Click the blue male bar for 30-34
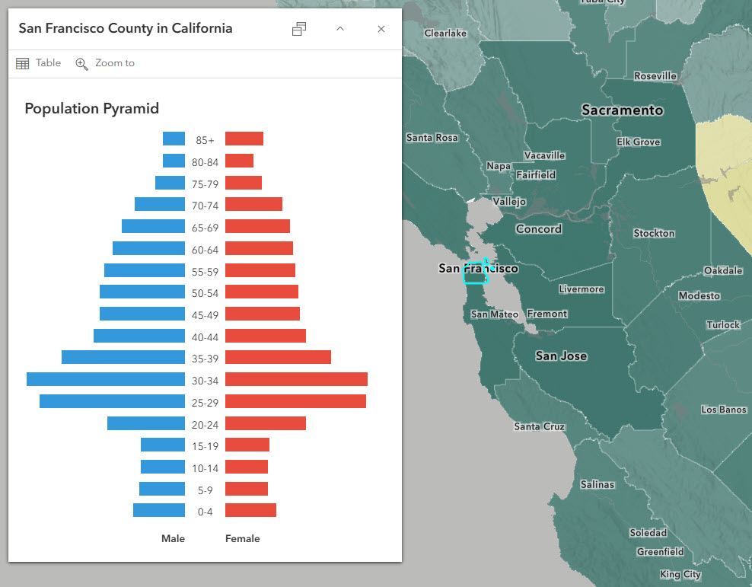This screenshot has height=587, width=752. [105, 379]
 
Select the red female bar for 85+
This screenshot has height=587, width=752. [244, 139]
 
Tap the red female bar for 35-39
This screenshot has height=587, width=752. [278, 357]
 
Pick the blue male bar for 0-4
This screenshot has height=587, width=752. [158, 510]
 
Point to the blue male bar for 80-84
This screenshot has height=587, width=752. [174, 161]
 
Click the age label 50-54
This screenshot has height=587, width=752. [205, 293]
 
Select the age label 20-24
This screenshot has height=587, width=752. [205, 425]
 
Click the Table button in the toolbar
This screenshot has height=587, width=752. [39, 63]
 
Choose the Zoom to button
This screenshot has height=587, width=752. [105, 63]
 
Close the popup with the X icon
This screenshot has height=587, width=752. [381, 29]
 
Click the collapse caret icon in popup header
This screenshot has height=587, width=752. [340, 29]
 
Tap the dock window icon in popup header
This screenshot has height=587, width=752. [299, 29]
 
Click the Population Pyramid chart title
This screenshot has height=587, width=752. [91, 109]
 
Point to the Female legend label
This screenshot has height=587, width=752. [242, 538]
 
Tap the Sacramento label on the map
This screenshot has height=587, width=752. [622, 110]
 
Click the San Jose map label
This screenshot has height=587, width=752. [561, 356]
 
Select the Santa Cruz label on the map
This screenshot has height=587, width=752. [539, 426]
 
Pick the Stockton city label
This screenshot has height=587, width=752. [653, 233]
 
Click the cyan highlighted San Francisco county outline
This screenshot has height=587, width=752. [474, 274]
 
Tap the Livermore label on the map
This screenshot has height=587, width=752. [581, 289]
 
